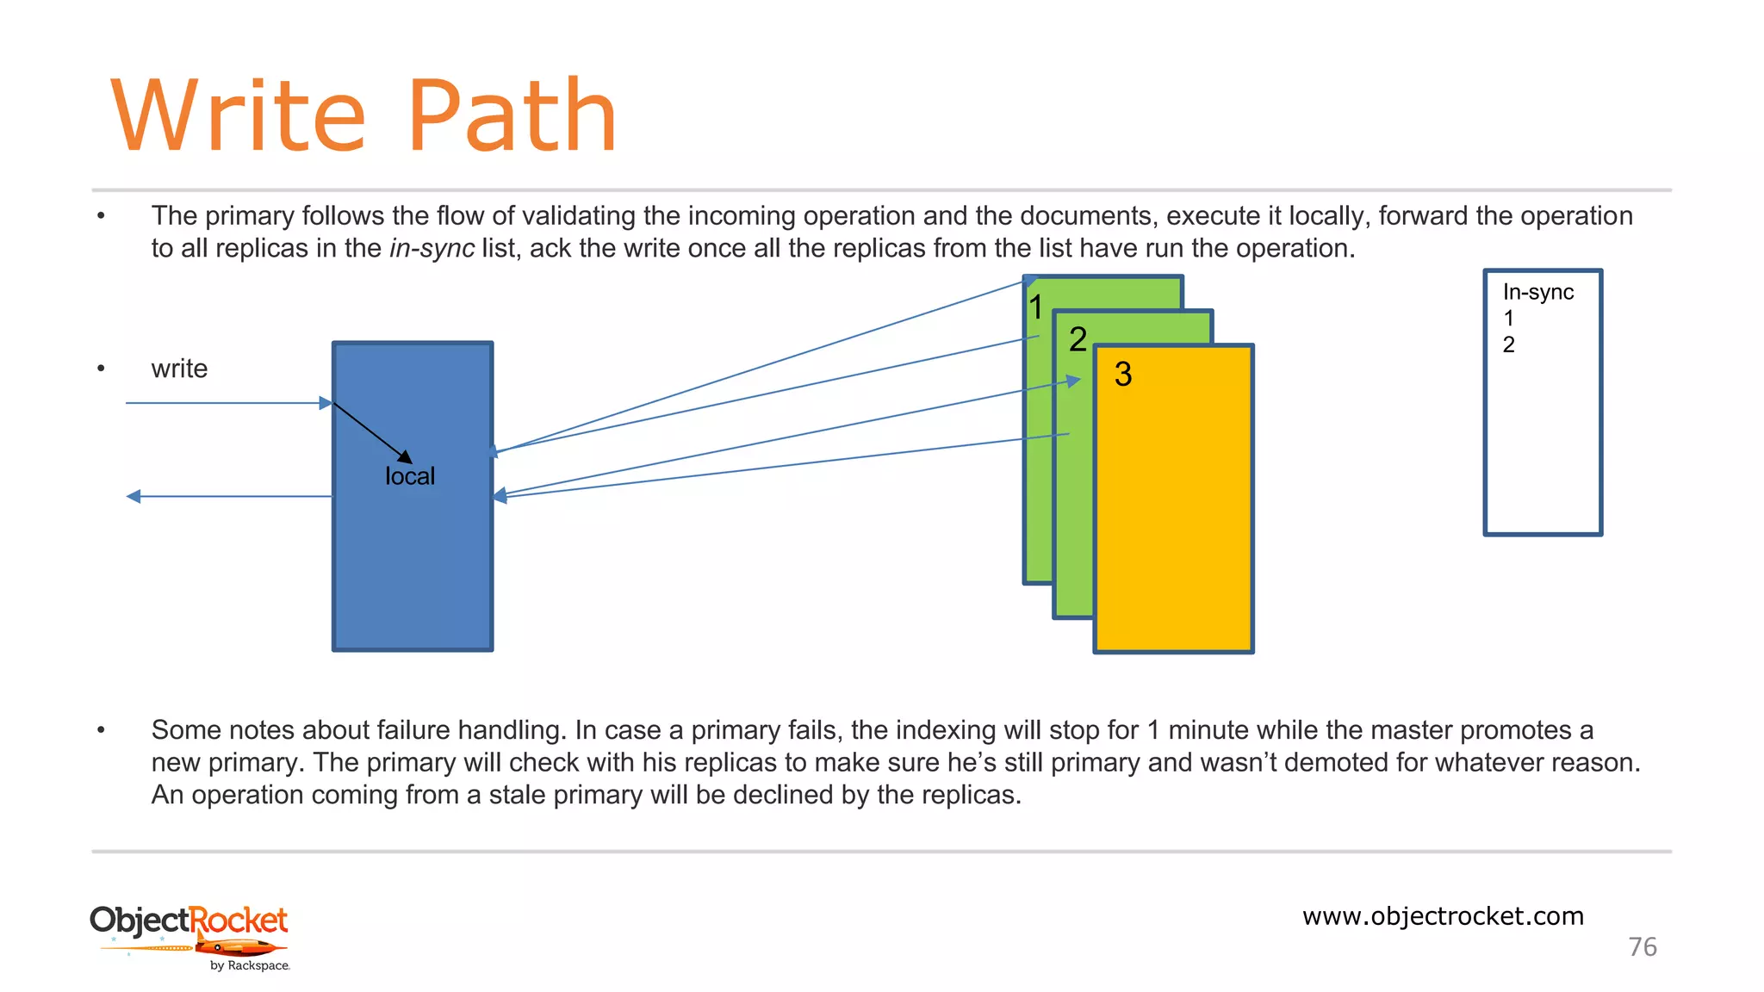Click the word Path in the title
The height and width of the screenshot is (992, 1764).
(x=512, y=116)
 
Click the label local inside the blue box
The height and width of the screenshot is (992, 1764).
(x=410, y=476)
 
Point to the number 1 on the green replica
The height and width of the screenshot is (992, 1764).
(x=1036, y=307)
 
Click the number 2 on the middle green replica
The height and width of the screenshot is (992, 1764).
(x=1078, y=339)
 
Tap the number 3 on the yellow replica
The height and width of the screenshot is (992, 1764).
(x=1123, y=375)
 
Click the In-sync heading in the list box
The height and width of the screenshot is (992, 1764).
(x=1537, y=293)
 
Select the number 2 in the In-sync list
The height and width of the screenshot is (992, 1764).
(x=1509, y=345)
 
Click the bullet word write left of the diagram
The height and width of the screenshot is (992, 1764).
(x=179, y=369)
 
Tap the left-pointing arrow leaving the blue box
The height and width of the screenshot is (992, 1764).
(x=228, y=497)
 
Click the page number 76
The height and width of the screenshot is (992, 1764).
(x=1643, y=947)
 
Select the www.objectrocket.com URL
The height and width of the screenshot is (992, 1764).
(x=1443, y=916)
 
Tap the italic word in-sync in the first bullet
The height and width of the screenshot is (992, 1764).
(x=432, y=249)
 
